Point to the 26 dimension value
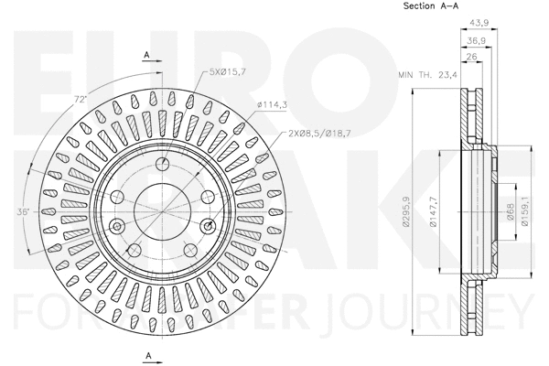[x=471, y=57]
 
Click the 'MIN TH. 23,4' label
[x=427, y=76]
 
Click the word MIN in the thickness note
[x=405, y=76]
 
